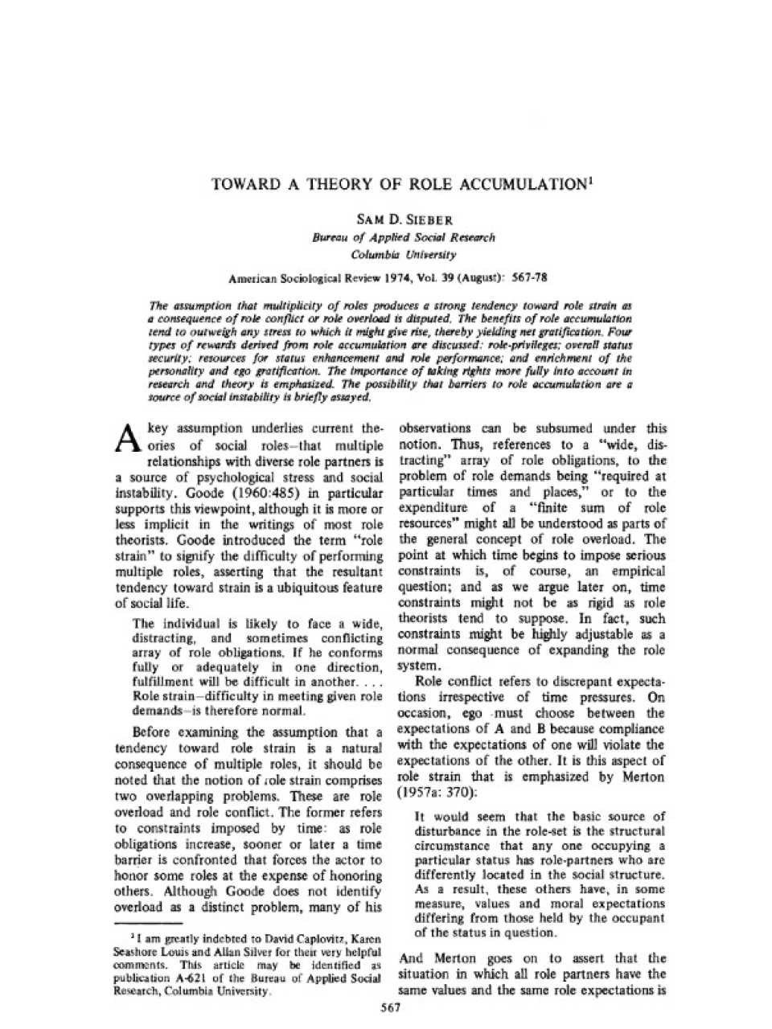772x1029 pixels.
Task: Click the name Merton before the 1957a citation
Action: (x=643, y=777)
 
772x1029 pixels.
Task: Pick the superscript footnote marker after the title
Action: (x=591, y=179)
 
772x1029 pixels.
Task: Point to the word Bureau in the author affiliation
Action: (x=330, y=237)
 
